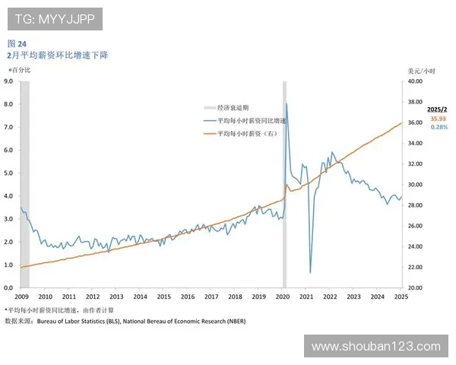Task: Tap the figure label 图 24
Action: point(17,43)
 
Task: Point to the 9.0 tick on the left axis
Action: point(9,81)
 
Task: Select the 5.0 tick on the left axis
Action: point(9,173)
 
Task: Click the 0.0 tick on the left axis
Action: point(9,288)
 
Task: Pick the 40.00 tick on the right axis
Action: point(414,81)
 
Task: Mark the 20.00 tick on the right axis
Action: point(414,288)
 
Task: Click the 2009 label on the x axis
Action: point(21,297)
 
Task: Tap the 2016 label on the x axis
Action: point(187,297)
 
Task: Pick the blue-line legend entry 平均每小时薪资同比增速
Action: point(252,121)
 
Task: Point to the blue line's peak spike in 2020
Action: point(287,104)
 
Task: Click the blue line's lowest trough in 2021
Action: point(310,271)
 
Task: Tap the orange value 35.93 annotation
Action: point(438,119)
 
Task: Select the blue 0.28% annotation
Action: point(439,127)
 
